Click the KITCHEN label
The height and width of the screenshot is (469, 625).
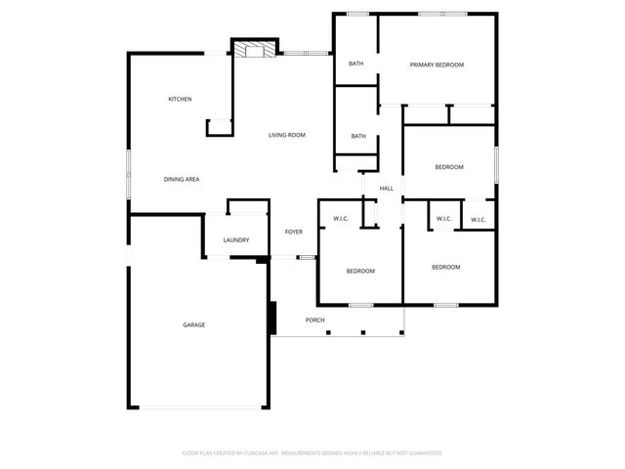(x=180, y=99)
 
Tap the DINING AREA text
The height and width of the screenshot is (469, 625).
(x=182, y=179)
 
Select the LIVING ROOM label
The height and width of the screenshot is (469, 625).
(x=287, y=134)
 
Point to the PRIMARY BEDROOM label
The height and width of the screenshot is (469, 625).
(x=437, y=64)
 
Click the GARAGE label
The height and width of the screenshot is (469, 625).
(x=193, y=324)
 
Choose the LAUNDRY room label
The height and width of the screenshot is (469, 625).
(x=235, y=240)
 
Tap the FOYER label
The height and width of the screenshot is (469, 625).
(x=293, y=232)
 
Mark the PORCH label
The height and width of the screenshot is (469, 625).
(x=314, y=320)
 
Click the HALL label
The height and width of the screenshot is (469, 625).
(x=386, y=188)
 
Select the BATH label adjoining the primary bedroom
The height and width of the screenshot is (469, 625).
(x=355, y=64)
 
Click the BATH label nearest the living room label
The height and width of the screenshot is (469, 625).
(x=358, y=136)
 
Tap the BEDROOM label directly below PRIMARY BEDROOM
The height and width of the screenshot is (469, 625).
(x=448, y=167)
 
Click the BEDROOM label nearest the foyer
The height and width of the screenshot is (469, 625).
(x=359, y=271)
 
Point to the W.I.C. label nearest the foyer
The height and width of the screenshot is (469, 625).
(x=341, y=218)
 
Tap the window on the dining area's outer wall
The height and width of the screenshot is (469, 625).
(x=128, y=173)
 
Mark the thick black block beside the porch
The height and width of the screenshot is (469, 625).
(x=273, y=318)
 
